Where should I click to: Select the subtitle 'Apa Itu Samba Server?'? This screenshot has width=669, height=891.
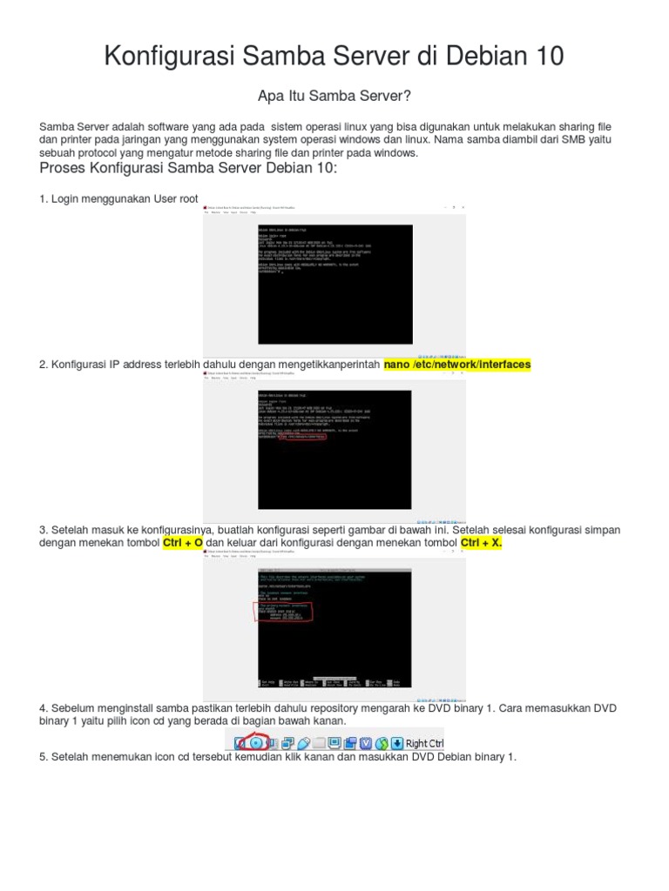(334, 94)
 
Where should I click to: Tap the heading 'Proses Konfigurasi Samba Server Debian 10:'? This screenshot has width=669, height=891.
(187, 167)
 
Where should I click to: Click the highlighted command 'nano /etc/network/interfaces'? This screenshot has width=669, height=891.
(457, 365)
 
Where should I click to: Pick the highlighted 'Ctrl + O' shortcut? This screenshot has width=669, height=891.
(183, 543)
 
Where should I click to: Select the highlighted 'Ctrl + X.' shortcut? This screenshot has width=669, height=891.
(482, 543)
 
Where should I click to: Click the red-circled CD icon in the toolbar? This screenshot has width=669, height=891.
(255, 743)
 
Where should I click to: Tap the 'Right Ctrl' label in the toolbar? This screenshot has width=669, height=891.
(425, 743)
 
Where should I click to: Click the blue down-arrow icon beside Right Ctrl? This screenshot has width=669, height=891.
(396, 743)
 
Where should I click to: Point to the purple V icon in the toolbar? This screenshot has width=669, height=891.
(367, 743)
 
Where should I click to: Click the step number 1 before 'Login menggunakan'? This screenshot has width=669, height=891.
(43, 199)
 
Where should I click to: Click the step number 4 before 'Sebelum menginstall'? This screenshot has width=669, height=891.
(43, 708)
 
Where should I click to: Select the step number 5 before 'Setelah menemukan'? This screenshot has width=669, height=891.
(43, 756)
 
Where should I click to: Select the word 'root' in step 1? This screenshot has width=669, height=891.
(188, 199)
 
